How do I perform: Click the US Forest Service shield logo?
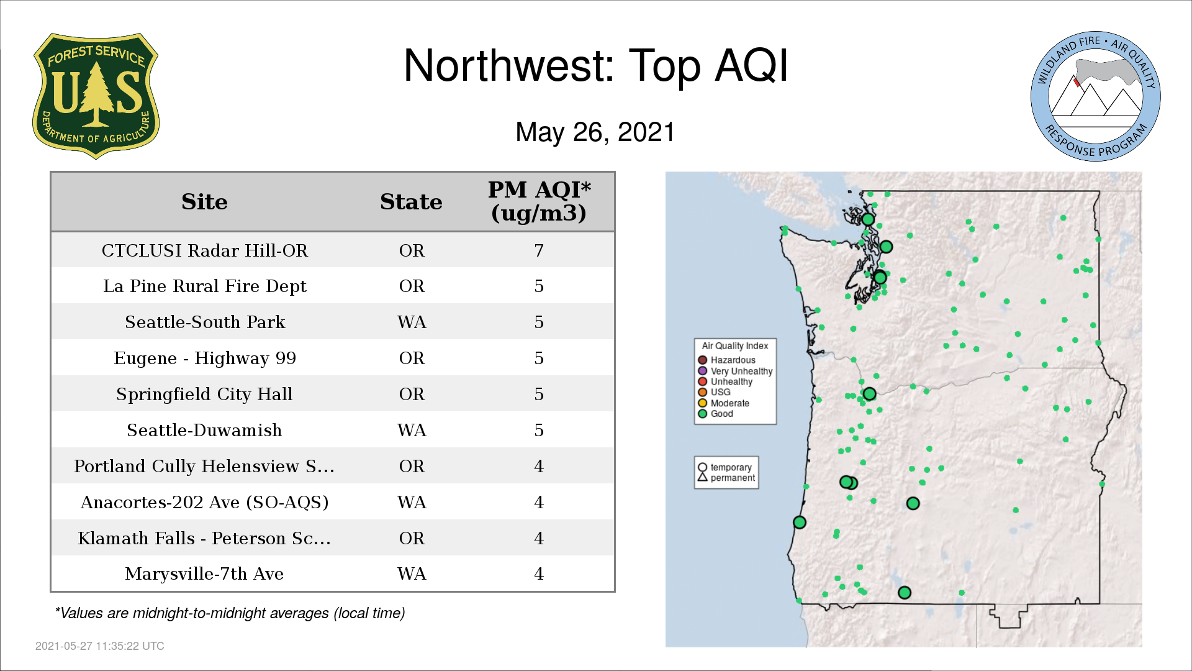pos(96,96)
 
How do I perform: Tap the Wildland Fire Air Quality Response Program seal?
pos(1095,96)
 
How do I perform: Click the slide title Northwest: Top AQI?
pos(595,65)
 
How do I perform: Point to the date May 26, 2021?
pos(595,132)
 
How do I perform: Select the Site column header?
pos(204,202)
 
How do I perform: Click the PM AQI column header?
pos(539,201)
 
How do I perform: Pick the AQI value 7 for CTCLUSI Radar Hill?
pos(539,250)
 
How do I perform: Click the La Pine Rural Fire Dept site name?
pos(205,286)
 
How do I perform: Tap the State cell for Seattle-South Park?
pos(412,322)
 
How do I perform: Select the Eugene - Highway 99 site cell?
pos(205,358)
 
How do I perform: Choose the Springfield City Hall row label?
pos(204,395)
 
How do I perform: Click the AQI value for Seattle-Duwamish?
pos(539,430)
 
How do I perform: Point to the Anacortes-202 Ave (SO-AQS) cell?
pos(204,502)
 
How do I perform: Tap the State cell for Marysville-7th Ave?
pos(412,573)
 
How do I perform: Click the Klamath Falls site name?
pos(204,538)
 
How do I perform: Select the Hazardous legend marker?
pos(703,360)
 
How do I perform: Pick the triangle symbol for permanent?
pos(703,477)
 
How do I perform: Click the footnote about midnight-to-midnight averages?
pos(230,613)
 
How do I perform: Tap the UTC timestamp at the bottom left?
pos(100,646)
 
